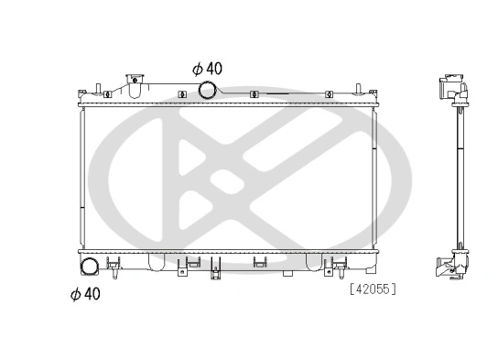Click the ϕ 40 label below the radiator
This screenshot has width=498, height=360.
point(86,293)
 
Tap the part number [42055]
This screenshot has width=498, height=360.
point(372,290)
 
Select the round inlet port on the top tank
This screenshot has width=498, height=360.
point(208,90)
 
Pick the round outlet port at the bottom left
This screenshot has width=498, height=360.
point(91,267)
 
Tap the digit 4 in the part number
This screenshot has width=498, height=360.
point(358,290)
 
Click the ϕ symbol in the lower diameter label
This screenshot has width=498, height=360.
point(75,293)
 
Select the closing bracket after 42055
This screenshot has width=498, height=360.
point(394,290)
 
